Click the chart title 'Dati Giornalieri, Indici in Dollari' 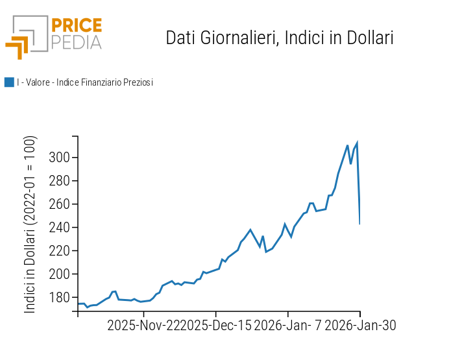280,38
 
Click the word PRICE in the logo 76,26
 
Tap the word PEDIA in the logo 76,43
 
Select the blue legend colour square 9,82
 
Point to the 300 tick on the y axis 60,158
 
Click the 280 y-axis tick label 60,181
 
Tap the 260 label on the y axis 60,204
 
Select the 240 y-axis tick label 60,228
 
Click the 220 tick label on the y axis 60,251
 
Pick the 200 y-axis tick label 60,274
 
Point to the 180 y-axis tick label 60,298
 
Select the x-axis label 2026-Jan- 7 288,326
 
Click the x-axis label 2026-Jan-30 360,326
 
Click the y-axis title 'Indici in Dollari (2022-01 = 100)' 30,224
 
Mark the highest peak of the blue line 357,143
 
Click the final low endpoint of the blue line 359,224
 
